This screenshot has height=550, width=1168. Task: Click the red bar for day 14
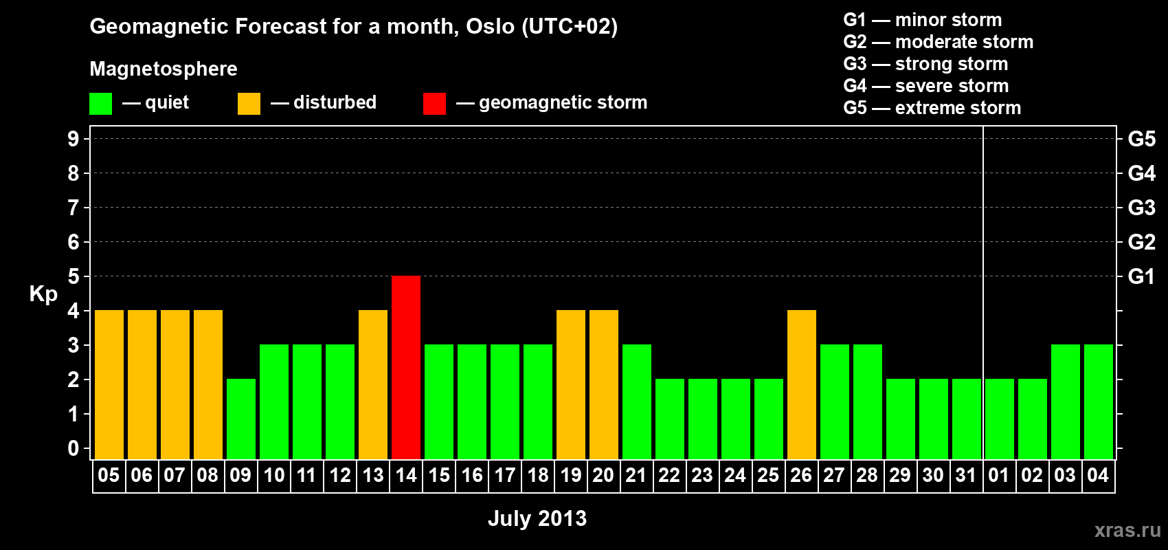(406, 367)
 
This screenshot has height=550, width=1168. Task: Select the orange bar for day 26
(802, 384)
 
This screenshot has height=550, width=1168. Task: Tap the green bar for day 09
(241, 419)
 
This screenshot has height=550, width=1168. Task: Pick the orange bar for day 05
(109, 384)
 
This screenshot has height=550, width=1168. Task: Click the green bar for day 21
(637, 401)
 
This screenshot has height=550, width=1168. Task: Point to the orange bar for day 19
(571, 384)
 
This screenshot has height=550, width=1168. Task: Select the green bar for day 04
(1099, 401)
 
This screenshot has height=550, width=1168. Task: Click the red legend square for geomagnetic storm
(435, 103)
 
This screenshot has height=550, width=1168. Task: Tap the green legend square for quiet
(100, 103)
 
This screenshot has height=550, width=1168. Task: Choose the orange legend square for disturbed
(249, 103)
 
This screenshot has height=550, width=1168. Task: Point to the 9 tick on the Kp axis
(73, 139)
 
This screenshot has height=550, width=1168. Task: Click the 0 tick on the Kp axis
(73, 448)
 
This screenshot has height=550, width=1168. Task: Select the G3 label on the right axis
(1142, 208)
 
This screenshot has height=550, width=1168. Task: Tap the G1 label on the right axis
(1142, 276)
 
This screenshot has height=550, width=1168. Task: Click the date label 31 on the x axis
(966, 475)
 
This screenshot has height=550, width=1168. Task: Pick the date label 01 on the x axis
(998, 475)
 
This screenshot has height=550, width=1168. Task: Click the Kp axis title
(43, 294)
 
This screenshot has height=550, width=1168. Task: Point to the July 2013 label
(537, 518)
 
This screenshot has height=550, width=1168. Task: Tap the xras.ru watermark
(1128, 530)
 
